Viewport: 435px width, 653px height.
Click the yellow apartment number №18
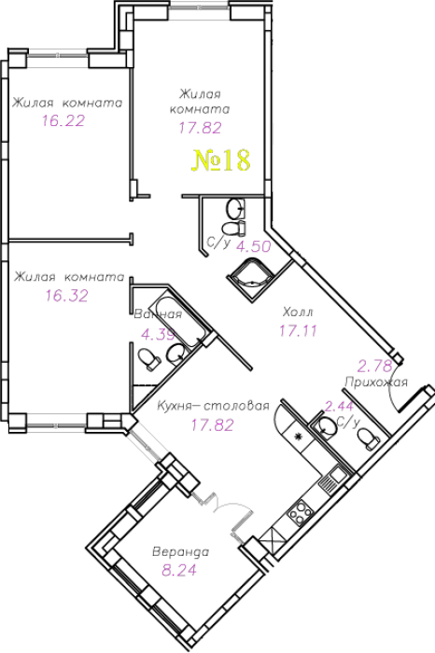coord(221,160)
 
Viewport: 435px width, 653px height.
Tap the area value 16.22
coord(63,120)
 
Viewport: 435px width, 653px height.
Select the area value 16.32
coord(66,296)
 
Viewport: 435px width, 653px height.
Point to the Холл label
coord(298,312)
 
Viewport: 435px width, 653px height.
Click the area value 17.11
coord(298,330)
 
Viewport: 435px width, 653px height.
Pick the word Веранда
coord(180,552)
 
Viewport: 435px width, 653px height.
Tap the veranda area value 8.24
coord(179,570)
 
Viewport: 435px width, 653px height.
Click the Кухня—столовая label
coord(213,406)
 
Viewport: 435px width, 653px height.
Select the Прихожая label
coord(376,382)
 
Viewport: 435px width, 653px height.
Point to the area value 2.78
coord(375,367)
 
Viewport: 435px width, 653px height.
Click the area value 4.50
coord(253,246)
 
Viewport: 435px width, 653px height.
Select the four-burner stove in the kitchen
coord(300,512)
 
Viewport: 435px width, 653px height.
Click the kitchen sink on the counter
coord(337,474)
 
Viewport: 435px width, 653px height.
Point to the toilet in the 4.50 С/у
coord(233,229)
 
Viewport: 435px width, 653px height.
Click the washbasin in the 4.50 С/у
coord(235,209)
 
